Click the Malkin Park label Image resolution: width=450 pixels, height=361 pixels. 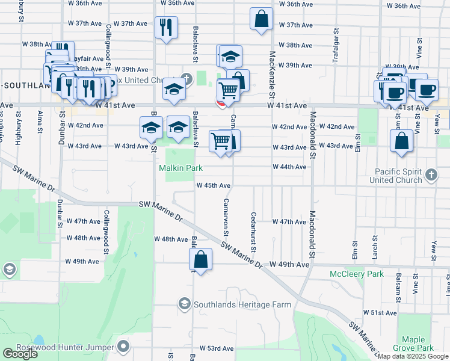180,168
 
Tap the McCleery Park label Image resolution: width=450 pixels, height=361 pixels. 357,274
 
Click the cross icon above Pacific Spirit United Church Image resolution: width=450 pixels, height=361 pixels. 430,174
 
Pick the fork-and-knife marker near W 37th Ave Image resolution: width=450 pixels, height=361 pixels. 165,26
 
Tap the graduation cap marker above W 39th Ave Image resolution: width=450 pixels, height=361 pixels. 230,57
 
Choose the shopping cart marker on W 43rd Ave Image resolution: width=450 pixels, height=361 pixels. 220,141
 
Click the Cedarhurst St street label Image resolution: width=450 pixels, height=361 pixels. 254,232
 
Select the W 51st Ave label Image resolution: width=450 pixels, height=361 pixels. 380,313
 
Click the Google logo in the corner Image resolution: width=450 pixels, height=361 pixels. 20,354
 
